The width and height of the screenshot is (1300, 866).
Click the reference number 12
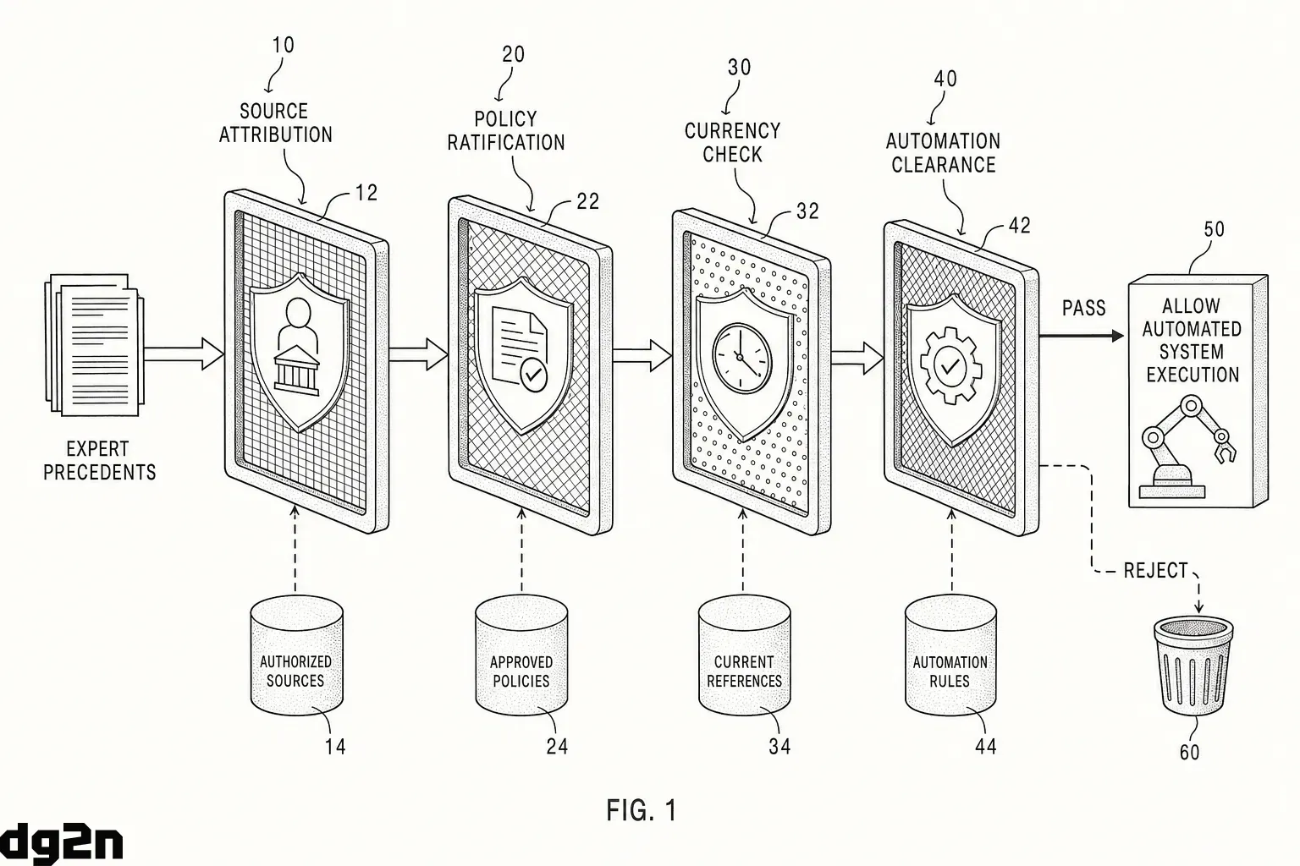pos(366,193)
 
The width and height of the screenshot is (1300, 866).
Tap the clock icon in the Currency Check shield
pos(742,358)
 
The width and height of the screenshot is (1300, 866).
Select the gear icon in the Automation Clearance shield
pos(950,365)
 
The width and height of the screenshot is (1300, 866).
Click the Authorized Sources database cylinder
pos(296,655)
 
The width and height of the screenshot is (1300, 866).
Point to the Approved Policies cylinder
pos(521,655)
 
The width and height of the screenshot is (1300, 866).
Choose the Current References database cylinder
pos(744,655)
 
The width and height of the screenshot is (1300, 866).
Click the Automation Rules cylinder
pos(950,655)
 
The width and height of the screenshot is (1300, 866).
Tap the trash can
pos(1193,666)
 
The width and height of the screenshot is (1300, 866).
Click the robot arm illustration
pos(1186,447)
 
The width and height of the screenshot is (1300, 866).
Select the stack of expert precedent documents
pos(95,344)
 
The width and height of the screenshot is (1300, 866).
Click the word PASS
pos(1083,308)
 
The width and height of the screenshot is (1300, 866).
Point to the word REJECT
pos(1156,571)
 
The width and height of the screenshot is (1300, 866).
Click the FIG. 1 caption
pos(642,810)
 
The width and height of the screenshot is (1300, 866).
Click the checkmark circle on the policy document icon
pos(533,375)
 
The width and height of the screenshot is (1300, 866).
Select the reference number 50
pos(1215,229)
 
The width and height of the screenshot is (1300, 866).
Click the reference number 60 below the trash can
pos(1189,753)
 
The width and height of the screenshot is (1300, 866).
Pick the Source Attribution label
pos(275,123)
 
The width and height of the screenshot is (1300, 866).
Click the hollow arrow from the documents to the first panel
pos(184,354)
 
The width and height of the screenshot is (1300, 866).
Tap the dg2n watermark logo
pos(62,842)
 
